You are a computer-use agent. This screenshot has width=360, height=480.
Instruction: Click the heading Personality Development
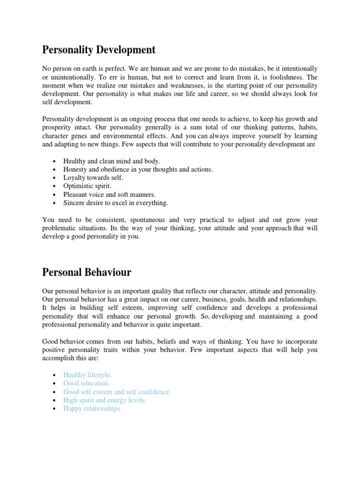click(99, 49)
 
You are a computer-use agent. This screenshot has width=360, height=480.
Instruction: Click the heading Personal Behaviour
click(87, 272)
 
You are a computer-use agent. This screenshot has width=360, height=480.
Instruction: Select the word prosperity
click(58, 127)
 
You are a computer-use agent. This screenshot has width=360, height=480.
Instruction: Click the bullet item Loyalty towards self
click(93, 178)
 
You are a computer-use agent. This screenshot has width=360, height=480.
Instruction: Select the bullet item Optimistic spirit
click(88, 186)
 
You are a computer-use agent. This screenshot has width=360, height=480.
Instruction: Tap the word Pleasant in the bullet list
click(76, 195)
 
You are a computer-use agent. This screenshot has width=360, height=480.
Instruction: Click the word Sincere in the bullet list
click(74, 203)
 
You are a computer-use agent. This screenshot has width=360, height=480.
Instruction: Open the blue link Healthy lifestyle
click(88, 375)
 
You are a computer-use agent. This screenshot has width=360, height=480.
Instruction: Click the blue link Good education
click(86, 383)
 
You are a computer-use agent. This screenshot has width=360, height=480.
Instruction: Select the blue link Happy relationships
click(92, 409)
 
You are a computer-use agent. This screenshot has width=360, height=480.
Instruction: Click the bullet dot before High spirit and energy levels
click(55, 401)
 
